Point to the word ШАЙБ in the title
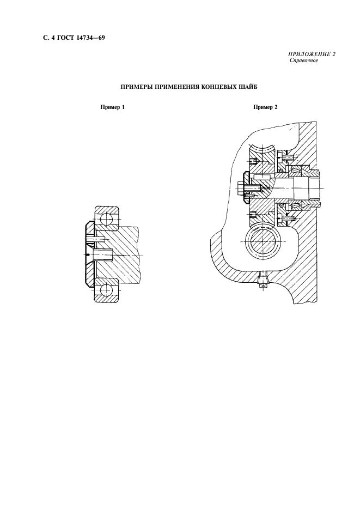245,87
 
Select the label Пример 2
265,107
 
